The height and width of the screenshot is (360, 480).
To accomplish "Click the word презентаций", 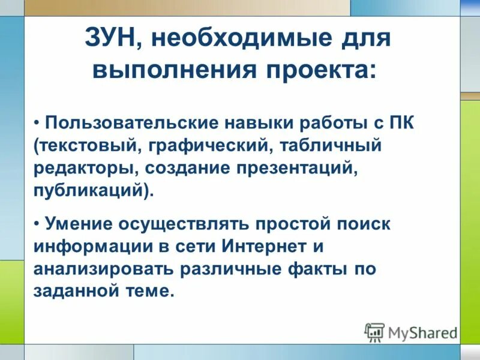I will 291,169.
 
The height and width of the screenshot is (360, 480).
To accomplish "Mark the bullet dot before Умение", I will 37,224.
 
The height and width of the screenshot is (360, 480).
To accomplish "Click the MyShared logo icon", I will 374,332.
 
